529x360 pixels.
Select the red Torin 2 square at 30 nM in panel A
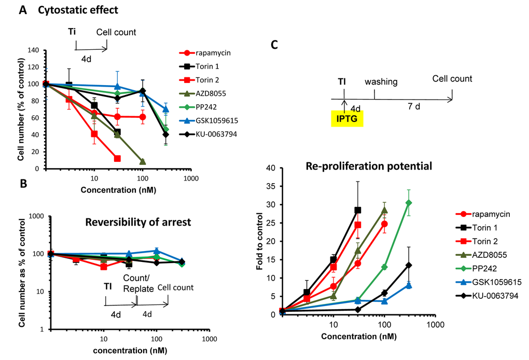[118, 158]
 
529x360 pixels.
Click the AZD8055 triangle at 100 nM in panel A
[143, 161]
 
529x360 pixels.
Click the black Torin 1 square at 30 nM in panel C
[357, 210]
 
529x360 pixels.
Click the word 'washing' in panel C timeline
[381, 82]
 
